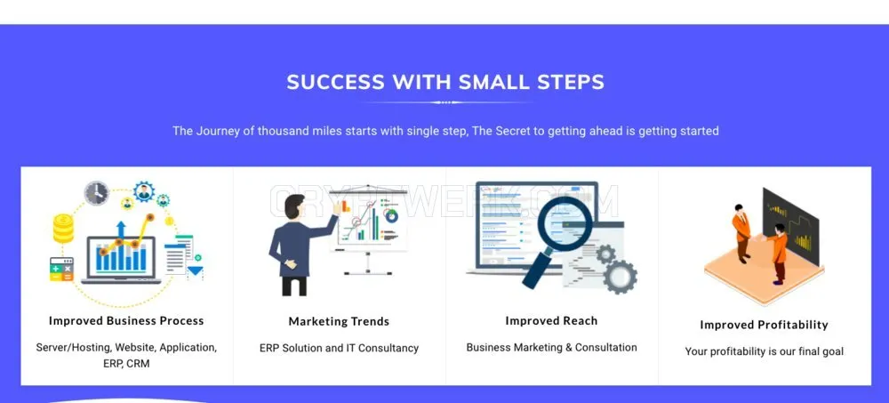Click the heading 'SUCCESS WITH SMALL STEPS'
445,83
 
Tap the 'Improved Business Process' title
126,320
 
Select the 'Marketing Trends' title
339,321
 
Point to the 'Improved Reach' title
552,320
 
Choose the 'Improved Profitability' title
765,325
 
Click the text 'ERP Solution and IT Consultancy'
339,348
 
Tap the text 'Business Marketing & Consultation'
552,347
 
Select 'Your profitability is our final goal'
765,351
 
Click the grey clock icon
97,193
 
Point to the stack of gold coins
63,229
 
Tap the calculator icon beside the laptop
61,269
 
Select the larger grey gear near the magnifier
620,277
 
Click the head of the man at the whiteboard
295,206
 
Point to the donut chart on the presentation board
390,215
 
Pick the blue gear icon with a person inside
144,192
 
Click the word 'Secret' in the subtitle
514,131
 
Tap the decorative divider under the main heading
445,102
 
